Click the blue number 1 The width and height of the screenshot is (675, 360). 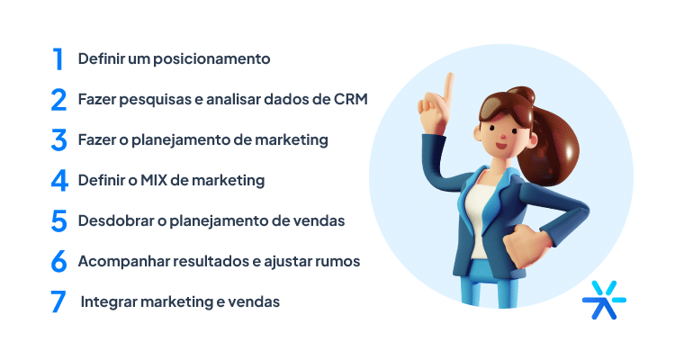(58, 59)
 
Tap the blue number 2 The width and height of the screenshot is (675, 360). (58, 100)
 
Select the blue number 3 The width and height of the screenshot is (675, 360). (58, 140)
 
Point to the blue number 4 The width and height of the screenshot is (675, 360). (58, 180)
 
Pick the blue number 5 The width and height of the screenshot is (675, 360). (58, 220)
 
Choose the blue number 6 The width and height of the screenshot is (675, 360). (58, 261)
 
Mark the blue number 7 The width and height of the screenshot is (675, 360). (58, 301)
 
